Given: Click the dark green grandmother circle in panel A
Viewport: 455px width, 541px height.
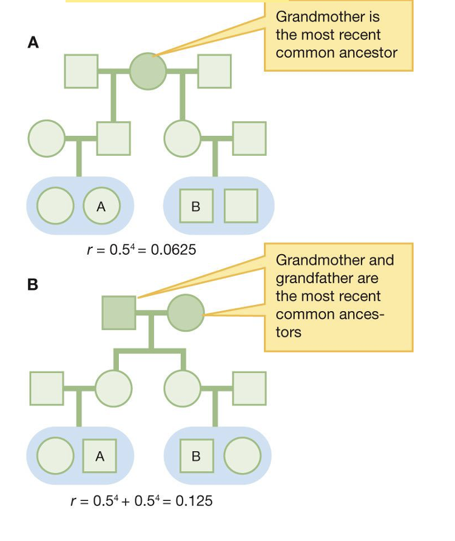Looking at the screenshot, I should click(147, 70).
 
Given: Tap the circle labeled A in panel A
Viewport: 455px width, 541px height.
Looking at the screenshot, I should click(101, 206).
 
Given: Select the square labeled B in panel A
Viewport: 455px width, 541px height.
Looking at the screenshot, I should click(196, 206).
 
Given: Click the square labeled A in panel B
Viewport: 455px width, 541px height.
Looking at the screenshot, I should click(99, 456).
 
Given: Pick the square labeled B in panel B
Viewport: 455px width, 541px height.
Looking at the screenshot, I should click(196, 456).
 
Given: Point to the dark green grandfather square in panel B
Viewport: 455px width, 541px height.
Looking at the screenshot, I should click(119, 312).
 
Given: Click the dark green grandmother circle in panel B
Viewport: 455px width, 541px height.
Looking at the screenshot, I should click(185, 312).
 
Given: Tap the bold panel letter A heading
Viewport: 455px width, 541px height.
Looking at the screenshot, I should click(33, 42).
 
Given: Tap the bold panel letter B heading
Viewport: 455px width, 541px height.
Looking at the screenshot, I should click(33, 284).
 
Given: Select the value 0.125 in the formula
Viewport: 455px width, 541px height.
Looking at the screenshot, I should click(194, 501).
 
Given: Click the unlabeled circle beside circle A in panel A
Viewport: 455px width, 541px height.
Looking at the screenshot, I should click(55, 206).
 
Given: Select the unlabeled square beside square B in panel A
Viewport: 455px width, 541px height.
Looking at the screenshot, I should click(241, 206).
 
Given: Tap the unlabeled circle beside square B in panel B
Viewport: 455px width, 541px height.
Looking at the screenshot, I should click(242, 456).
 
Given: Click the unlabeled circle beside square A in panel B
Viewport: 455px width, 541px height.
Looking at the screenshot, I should click(55, 456).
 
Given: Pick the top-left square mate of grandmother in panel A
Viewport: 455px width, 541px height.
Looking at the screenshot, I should click(81, 70).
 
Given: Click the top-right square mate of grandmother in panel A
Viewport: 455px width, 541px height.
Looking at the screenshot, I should click(214, 70).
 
